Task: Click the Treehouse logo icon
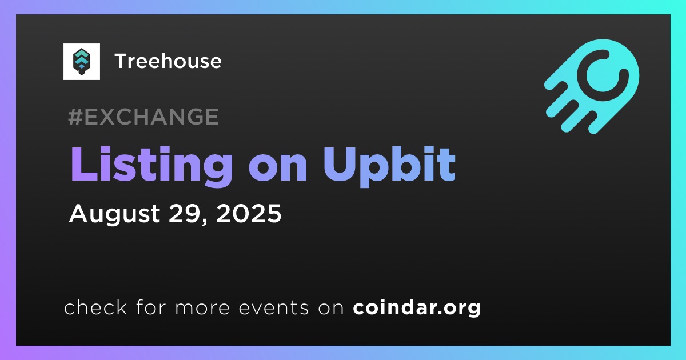[x=81, y=62]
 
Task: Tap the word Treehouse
[x=168, y=61]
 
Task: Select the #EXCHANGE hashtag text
[x=143, y=117]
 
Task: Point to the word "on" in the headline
[x=278, y=169]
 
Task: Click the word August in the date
[x=114, y=214]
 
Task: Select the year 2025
[x=249, y=213]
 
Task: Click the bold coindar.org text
[x=417, y=308]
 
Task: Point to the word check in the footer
[x=95, y=307]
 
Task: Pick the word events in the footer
[x=273, y=308]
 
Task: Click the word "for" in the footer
[x=151, y=307]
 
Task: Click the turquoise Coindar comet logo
[x=592, y=86]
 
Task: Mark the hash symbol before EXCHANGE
[x=75, y=117]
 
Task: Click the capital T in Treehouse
[x=122, y=61]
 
